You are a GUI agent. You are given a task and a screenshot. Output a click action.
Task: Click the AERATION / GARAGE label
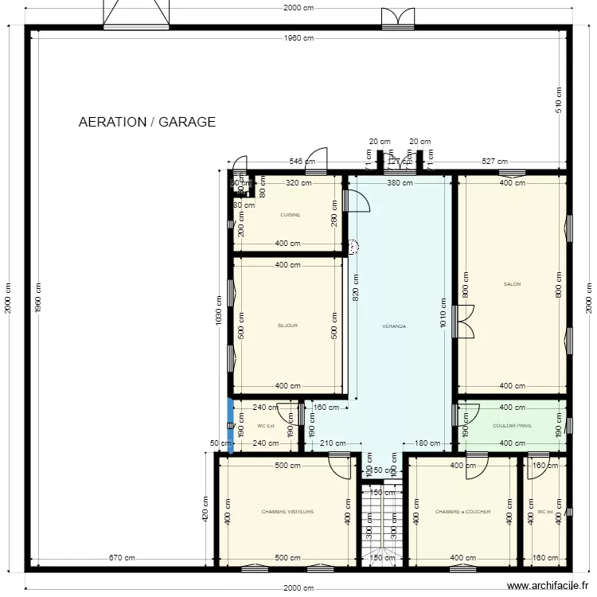[147, 122]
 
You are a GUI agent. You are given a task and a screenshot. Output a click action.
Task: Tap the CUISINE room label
[291, 215]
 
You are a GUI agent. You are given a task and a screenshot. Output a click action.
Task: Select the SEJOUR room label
[287, 326]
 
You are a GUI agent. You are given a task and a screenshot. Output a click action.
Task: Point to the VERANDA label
[394, 326]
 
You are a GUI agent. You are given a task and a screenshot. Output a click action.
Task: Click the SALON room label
[512, 284]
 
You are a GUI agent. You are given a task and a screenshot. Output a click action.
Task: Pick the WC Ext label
[265, 426]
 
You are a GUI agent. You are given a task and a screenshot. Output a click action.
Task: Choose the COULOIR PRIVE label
[512, 426]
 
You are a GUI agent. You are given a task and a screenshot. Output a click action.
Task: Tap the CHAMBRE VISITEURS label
[287, 512]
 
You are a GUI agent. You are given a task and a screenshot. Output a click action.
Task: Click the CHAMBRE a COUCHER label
[462, 512]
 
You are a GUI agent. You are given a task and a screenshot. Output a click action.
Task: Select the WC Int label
[544, 512]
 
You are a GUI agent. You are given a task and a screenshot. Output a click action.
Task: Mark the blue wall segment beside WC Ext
[231, 425]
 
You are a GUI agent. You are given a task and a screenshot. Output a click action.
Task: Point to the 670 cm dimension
[122, 558]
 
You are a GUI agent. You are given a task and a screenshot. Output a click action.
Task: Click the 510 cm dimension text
[559, 99]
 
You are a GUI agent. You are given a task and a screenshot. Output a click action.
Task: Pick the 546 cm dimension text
[301, 162]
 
